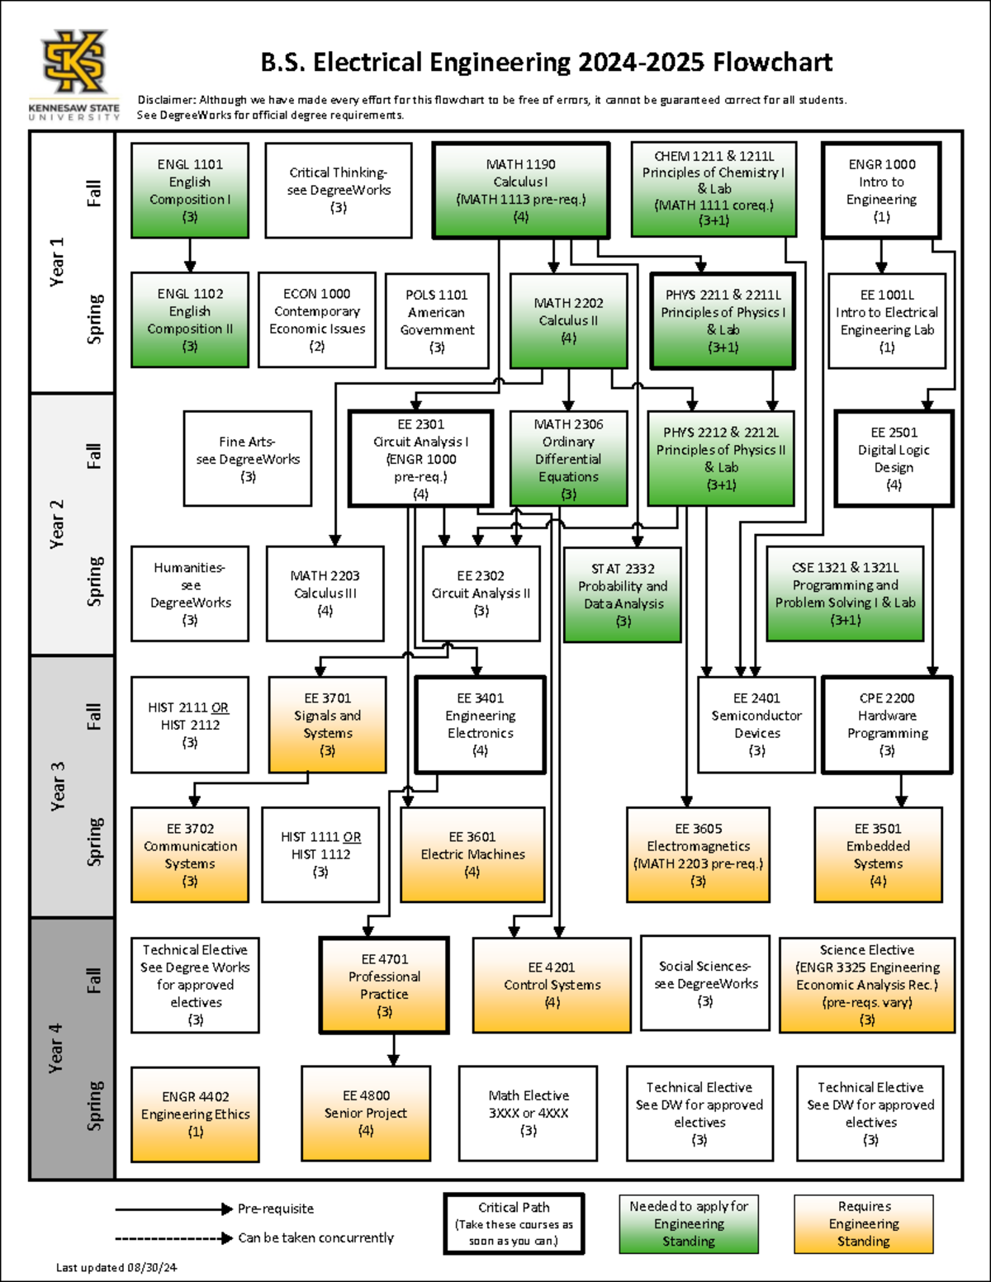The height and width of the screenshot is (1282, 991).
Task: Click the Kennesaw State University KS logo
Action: pyautogui.click(x=74, y=62)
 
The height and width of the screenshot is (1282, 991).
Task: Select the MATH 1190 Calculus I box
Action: pyautogui.click(x=520, y=191)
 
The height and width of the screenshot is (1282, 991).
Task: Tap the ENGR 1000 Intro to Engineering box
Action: pyautogui.click(x=881, y=190)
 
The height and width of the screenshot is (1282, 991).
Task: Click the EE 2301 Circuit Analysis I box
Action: pyautogui.click(x=420, y=458)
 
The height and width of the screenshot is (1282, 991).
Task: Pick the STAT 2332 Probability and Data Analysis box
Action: pyautogui.click(x=623, y=594)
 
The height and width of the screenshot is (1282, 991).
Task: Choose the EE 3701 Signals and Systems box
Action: pyautogui.click(x=328, y=725)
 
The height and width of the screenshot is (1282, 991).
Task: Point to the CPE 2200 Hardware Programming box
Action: pyautogui.click(x=887, y=725)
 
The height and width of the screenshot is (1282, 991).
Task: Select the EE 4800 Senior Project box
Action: pyautogui.click(x=366, y=1114)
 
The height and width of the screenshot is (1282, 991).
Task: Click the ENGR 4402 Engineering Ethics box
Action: pyautogui.click(x=196, y=1114)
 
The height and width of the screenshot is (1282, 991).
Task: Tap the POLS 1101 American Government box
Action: pyautogui.click(x=437, y=320)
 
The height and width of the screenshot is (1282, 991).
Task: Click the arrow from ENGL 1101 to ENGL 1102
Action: pyautogui.click(x=190, y=255)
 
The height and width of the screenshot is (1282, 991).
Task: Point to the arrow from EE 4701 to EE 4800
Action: pyautogui.click(x=394, y=1049)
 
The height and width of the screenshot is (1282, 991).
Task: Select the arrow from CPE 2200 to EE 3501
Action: pyautogui.click(x=901, y=790)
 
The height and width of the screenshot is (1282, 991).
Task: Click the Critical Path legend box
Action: pyautogui.click(x=514, y=1223)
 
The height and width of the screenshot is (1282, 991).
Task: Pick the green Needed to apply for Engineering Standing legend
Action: pyautogui.click(x=689, y=1223)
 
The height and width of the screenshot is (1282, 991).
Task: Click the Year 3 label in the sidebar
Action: pyautogui.click(x=57, y=787)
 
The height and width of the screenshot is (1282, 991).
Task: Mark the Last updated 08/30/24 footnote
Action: pyautogui.click(x=116, y=1267)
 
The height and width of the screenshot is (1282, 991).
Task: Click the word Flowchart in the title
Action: pyautogui.click(x=772, y=62)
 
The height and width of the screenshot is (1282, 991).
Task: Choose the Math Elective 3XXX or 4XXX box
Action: pyautogui.click(x=529, y=1113)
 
